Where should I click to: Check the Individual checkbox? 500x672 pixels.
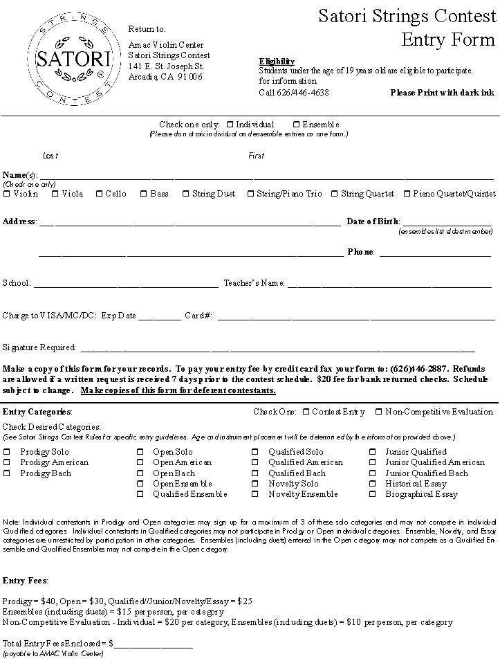coord(230,125)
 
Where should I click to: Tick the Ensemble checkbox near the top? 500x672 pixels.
coord(296,125)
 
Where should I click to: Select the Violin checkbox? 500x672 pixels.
coord(7,194)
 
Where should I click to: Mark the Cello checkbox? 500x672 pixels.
coord(99,194)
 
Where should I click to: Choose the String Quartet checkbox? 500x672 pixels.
coord(335,194)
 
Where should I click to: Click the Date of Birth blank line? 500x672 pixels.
coord(446,223)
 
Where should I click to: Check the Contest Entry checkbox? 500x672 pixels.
coord(306,412)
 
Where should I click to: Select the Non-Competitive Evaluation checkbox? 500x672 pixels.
coord(378,412)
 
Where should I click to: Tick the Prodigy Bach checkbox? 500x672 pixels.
coord(7,473)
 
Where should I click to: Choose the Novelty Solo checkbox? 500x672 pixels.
coord(255,484)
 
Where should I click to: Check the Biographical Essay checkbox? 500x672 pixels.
coord(372,494)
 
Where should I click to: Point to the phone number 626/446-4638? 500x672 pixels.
coord(294,93)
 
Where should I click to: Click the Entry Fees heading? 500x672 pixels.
coord(25,580)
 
